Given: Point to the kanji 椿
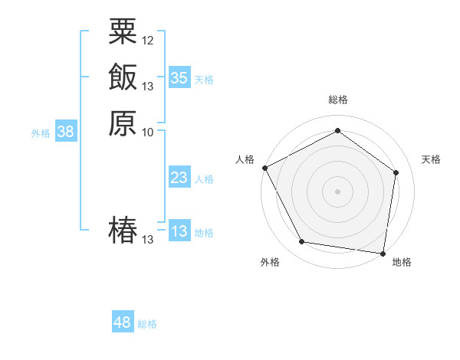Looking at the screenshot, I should click(x=123, y=231).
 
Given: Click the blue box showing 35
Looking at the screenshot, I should click(x=179, y=77).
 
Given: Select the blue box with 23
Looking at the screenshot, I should click(x=179, y=178).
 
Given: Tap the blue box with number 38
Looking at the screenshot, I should click(x=65, y=132).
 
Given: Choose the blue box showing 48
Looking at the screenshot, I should click(x=123, y=322).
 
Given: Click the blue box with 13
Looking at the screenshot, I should click(x=179, y=231).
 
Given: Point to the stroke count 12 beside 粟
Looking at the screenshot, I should click(x=148, y=40).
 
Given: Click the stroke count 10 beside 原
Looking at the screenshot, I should click(x=148, y=132).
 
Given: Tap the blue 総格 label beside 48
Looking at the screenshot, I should click(x=147, y=324).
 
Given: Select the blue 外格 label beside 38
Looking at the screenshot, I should click(x=41, y=133).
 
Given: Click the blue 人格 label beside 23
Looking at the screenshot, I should click(x=204, y=179).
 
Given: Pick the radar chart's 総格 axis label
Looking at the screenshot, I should click(x=337, y=100).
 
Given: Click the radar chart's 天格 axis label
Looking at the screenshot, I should click(x=431, y=159).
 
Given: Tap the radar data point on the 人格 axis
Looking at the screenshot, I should click(x=264, y=168).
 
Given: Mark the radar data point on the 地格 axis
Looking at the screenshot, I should click(x=383, y=253).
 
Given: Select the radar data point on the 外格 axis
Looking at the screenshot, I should click(x=302, y=242).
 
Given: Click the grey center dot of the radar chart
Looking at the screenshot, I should click(x=337, y=191).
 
